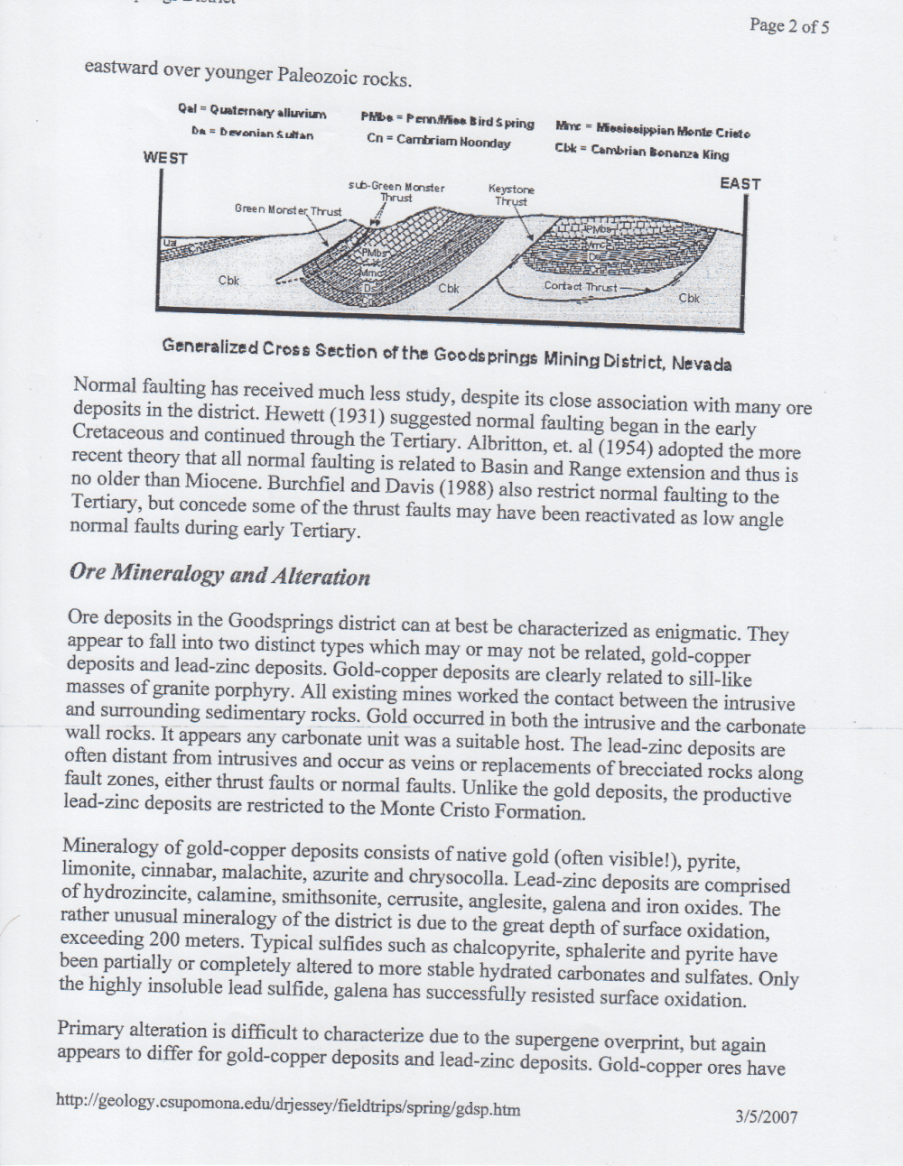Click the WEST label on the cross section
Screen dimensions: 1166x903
point(165,158)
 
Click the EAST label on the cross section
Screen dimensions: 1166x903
point(740,183)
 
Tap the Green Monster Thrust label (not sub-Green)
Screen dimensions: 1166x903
point(288,210)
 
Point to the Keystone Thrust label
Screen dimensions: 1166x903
point(511,195)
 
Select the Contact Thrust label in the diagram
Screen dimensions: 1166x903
point(581,286)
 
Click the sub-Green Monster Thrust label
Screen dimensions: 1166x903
point(396,192)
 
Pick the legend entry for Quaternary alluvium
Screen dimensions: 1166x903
point(252,112)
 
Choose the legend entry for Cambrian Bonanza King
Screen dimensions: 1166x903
point(641,152)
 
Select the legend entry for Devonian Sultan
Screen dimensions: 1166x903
point(252,134)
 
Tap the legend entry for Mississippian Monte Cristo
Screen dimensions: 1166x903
point(652,131)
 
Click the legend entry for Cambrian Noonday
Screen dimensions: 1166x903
point(438,141)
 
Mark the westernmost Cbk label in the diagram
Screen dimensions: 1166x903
point(228,281)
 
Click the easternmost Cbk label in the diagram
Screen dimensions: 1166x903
point(689,297)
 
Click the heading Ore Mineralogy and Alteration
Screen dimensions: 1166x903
point(219,575)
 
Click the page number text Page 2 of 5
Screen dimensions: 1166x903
point(788,25)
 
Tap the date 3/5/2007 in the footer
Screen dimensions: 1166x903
point(767,1116)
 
